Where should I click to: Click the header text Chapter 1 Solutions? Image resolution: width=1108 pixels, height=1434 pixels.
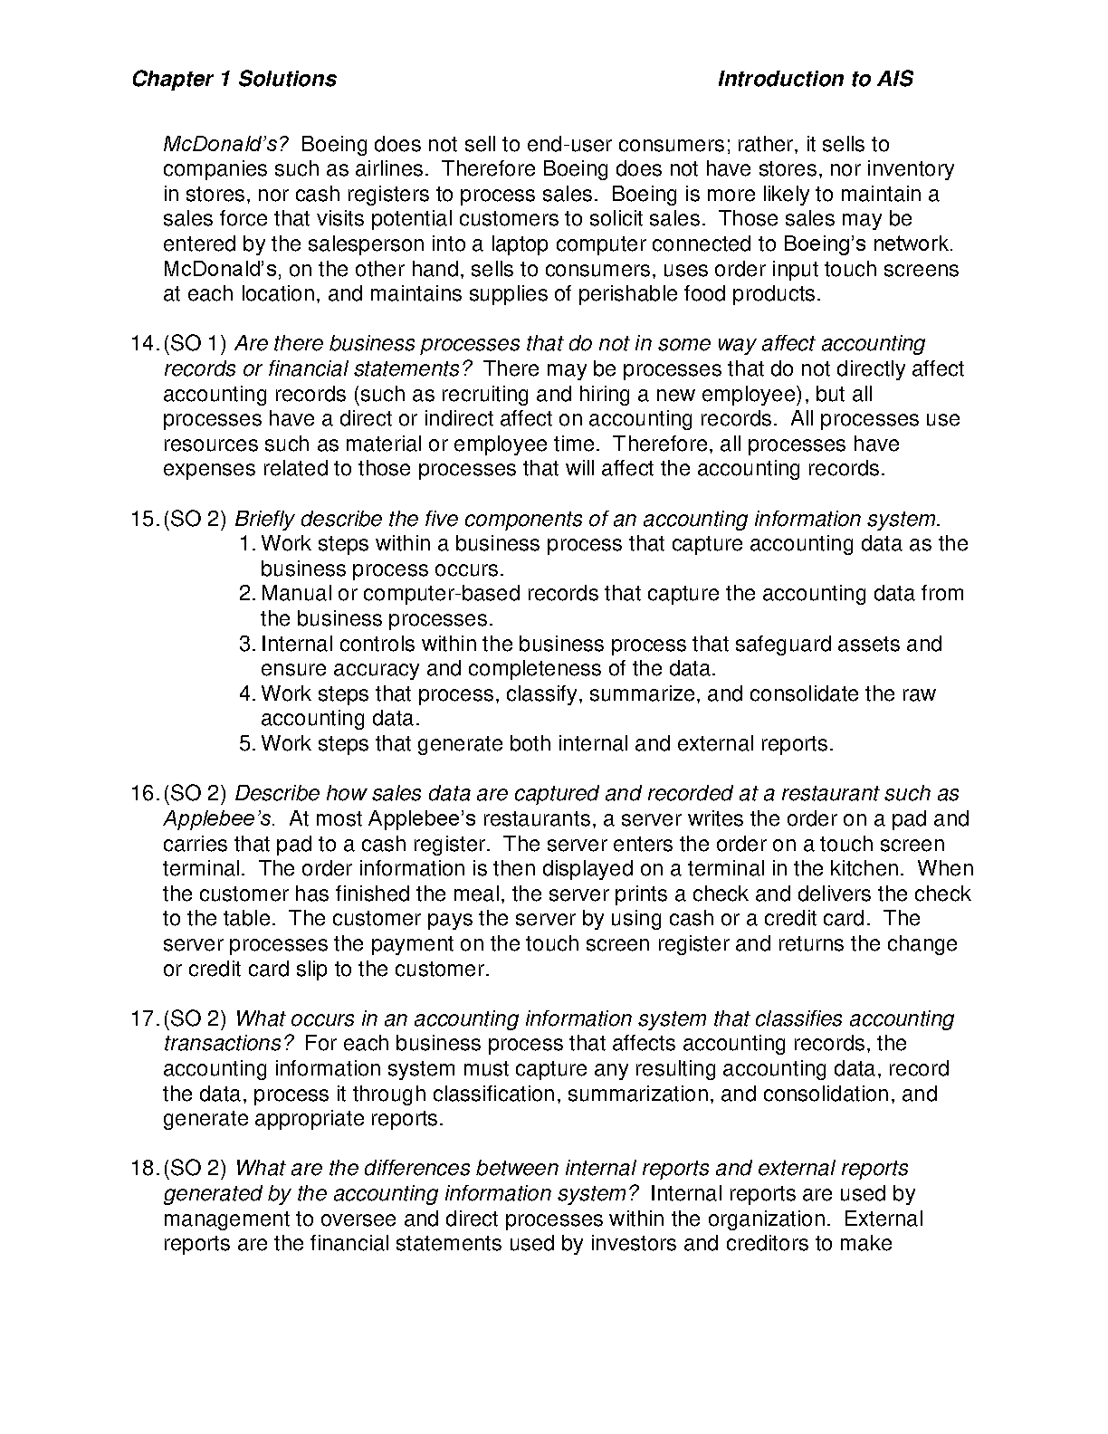tap(234, 79)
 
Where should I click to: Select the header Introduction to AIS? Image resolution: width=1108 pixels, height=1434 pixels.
tap(815, 79)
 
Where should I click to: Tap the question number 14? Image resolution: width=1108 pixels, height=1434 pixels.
tap(145, 344)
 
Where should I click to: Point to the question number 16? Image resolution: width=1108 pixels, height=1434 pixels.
tap(145, 794)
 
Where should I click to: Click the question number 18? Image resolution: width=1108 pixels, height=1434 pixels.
tap(145, 1169)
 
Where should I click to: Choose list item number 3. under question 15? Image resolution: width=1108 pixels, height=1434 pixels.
tap(248, 645)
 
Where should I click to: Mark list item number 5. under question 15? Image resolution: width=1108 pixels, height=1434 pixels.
tap(248, 744)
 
